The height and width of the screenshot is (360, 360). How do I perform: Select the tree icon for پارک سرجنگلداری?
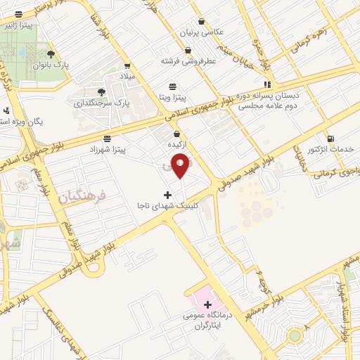point(101,92)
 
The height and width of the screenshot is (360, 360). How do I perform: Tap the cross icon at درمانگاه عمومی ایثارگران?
point(207,304)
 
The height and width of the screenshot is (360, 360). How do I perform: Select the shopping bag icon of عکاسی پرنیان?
point(202,21)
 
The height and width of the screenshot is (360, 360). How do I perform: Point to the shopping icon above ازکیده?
point(176,134)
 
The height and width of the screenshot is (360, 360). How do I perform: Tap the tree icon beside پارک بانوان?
point(51,53)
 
